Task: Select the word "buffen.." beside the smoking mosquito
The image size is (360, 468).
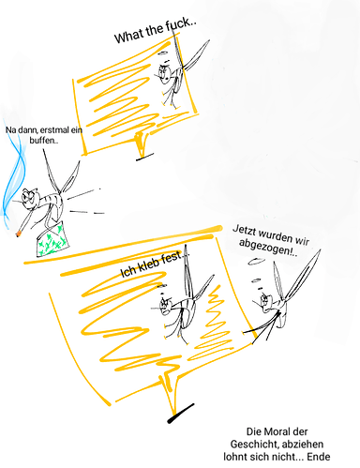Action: click(x=44, y=140)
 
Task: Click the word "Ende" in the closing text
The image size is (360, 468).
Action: click(x=319, y=457)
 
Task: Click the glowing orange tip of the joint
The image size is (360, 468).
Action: click(x=19, y=233)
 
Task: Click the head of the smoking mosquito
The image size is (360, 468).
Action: click(x=29, y=198)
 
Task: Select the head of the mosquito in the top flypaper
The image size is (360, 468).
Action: click(x=165, y=72)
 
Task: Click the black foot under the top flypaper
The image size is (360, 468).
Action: click(x=144, y=157)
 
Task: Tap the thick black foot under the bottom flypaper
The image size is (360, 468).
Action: click(x=181, y=414)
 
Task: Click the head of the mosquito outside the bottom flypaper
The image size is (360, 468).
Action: click(x=265, y=300)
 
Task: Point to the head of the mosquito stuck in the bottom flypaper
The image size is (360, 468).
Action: click(x=165, y=305)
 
